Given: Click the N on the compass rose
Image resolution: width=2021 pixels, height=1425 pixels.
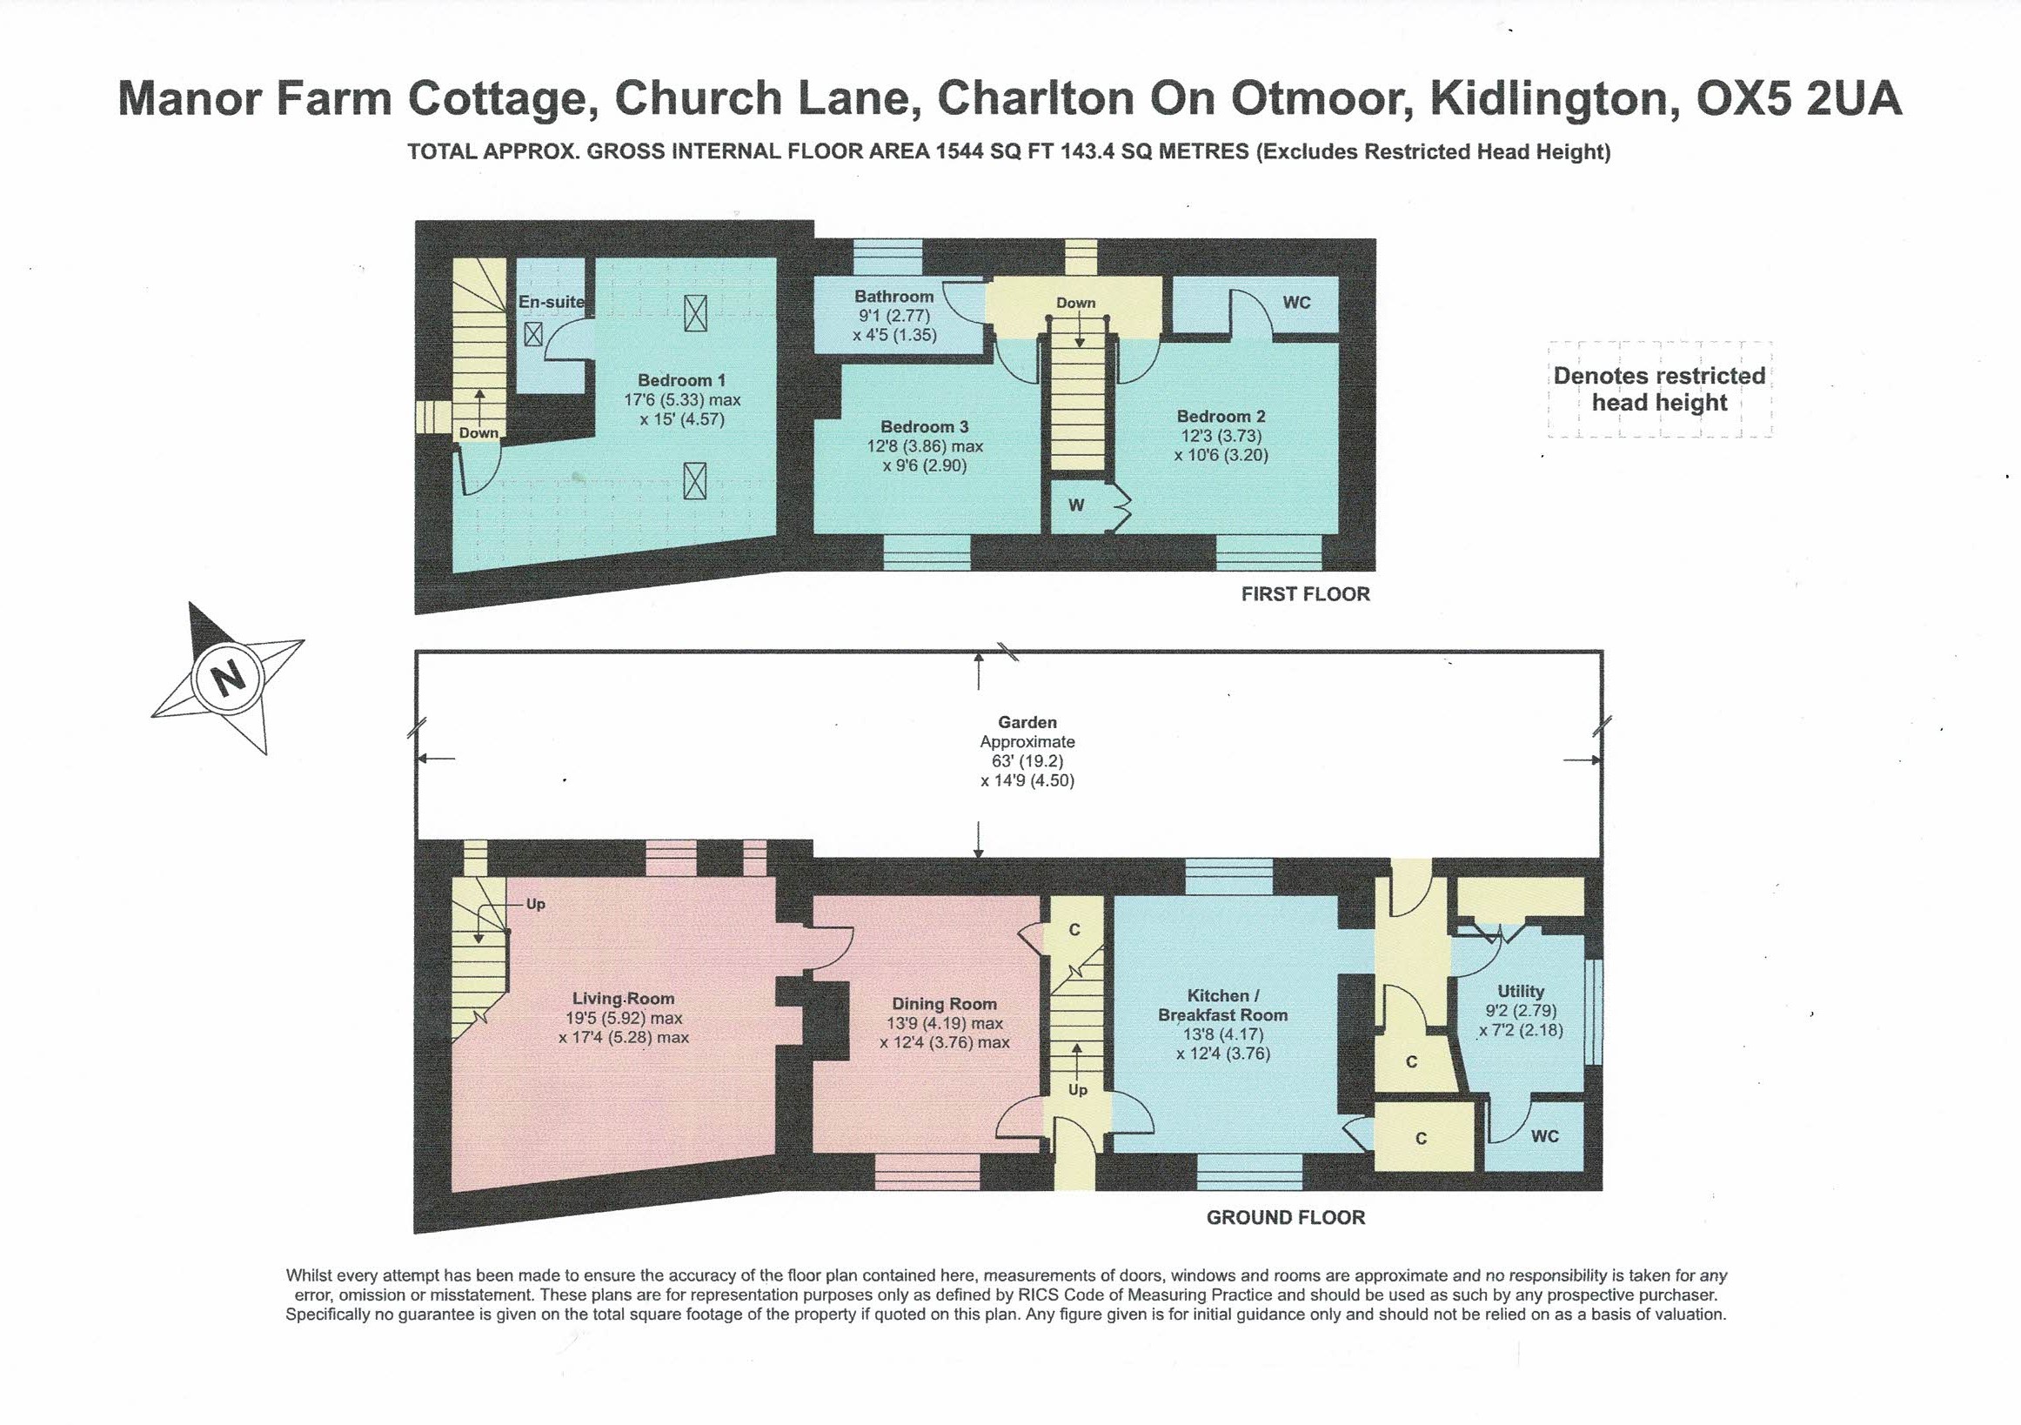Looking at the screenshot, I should click(x=229, y=679).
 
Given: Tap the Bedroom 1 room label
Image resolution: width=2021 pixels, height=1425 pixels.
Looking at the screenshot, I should click(x=681, y=380).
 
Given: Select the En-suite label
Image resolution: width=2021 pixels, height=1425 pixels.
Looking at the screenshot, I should click(x=550, y=302).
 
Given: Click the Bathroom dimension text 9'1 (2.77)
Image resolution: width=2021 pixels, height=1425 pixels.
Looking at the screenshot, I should click(x=893, y=316).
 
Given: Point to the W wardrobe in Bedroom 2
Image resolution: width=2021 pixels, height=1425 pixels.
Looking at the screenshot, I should click(x=1075, y=505).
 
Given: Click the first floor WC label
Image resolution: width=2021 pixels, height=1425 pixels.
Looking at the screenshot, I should click(x=1296, y=303).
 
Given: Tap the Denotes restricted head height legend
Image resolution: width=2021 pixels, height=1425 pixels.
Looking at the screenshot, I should click(x=1659, y=389).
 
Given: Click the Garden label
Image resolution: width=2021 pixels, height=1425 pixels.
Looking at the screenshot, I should click(x=1027, y=723).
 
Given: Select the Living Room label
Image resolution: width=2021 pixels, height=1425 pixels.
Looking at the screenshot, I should click(x=623, y=999).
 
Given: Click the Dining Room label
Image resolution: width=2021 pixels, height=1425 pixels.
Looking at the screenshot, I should click(x=944, y=1004).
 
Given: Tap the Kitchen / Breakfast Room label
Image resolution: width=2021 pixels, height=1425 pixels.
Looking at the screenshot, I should click(x=1221, y=1005).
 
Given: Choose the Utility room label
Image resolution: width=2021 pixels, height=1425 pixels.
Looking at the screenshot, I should click(x=1520, y=991).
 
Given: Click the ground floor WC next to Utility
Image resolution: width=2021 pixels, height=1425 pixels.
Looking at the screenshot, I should click(x=1544, y=1136).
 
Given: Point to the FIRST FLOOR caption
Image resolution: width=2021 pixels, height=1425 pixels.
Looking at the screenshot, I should click(x=1304, y=594).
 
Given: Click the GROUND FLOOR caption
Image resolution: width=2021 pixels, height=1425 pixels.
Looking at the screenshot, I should click(x=1285, y=1218).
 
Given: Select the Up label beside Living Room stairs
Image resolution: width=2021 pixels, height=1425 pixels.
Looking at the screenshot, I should click(x=535, y=904).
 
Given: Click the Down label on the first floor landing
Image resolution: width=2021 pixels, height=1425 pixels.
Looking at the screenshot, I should click(x=1075, y=303).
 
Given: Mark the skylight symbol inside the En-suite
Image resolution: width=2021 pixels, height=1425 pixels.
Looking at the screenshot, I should click(x=533, y=334).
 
